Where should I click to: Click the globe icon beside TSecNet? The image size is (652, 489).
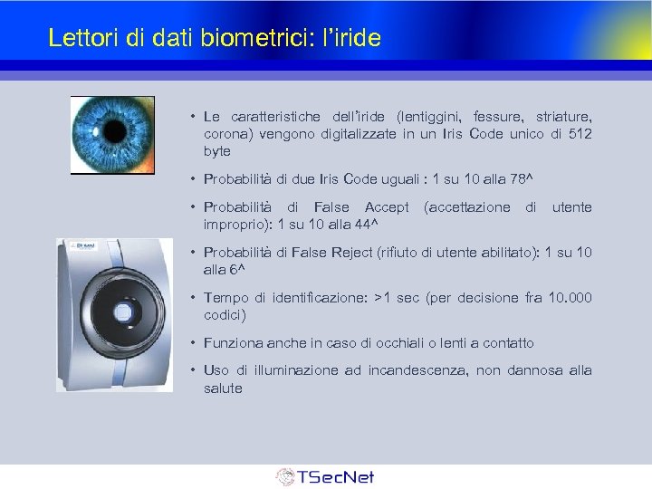pyautogui.click(x=285, y=476)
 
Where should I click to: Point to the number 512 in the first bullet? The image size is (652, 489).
pyautogui.click(x=580, y=134)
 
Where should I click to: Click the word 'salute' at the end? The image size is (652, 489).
pyautogui.click(x=223, y=388)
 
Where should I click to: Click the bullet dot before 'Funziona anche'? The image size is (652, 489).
pyautogui.click(x=194, y=343)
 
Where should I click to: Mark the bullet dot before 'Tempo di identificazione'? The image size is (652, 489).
pyautogui.click(x=194, y=298)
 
